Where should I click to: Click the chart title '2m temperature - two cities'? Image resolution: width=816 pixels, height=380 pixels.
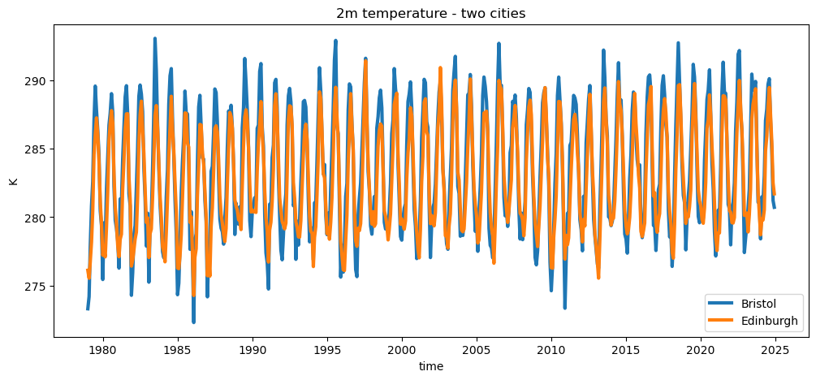point(430,12)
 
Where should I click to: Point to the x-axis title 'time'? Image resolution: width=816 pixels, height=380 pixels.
point(430,367)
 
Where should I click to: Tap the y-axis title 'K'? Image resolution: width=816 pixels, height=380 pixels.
point(13,180)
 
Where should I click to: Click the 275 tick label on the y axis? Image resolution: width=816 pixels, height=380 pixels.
point(37,287)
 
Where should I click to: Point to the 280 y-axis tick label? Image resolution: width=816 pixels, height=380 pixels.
point(37,218)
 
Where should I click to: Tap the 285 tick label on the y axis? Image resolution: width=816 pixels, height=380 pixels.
point(37,149)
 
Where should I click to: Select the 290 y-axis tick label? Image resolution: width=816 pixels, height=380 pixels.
point(37,81)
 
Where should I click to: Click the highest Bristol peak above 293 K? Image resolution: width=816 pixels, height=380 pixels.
point(154,38)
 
